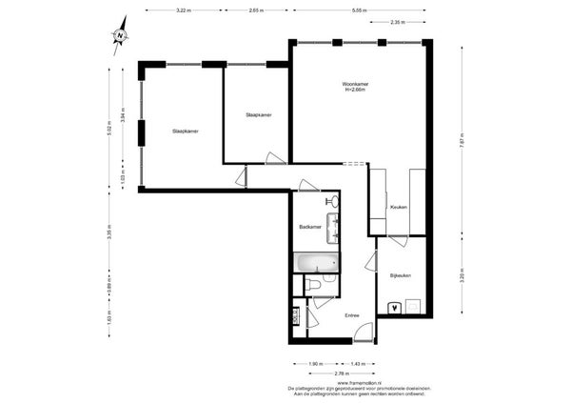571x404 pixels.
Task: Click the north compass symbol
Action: click(x=121, y=36)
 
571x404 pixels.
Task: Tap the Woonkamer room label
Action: click(x=355, y=87)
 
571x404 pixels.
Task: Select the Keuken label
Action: click(x=399, y=207)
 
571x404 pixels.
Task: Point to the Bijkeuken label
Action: click(x=401, y=274)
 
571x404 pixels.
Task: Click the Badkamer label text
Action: click(x=309, y=227)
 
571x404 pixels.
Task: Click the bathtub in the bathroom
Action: click(x=315, y=262)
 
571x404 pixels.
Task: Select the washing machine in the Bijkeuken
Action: click(x=394, y=307)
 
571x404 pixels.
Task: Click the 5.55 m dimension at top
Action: click(x=359, y=10)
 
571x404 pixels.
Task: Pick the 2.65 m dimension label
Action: click(x=255, y=10)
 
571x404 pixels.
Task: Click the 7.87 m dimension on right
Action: click(x=462, y=136)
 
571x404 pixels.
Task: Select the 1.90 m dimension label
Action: click(x=315, y=364)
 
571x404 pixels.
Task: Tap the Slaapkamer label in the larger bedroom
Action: click(x=185, y=131)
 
